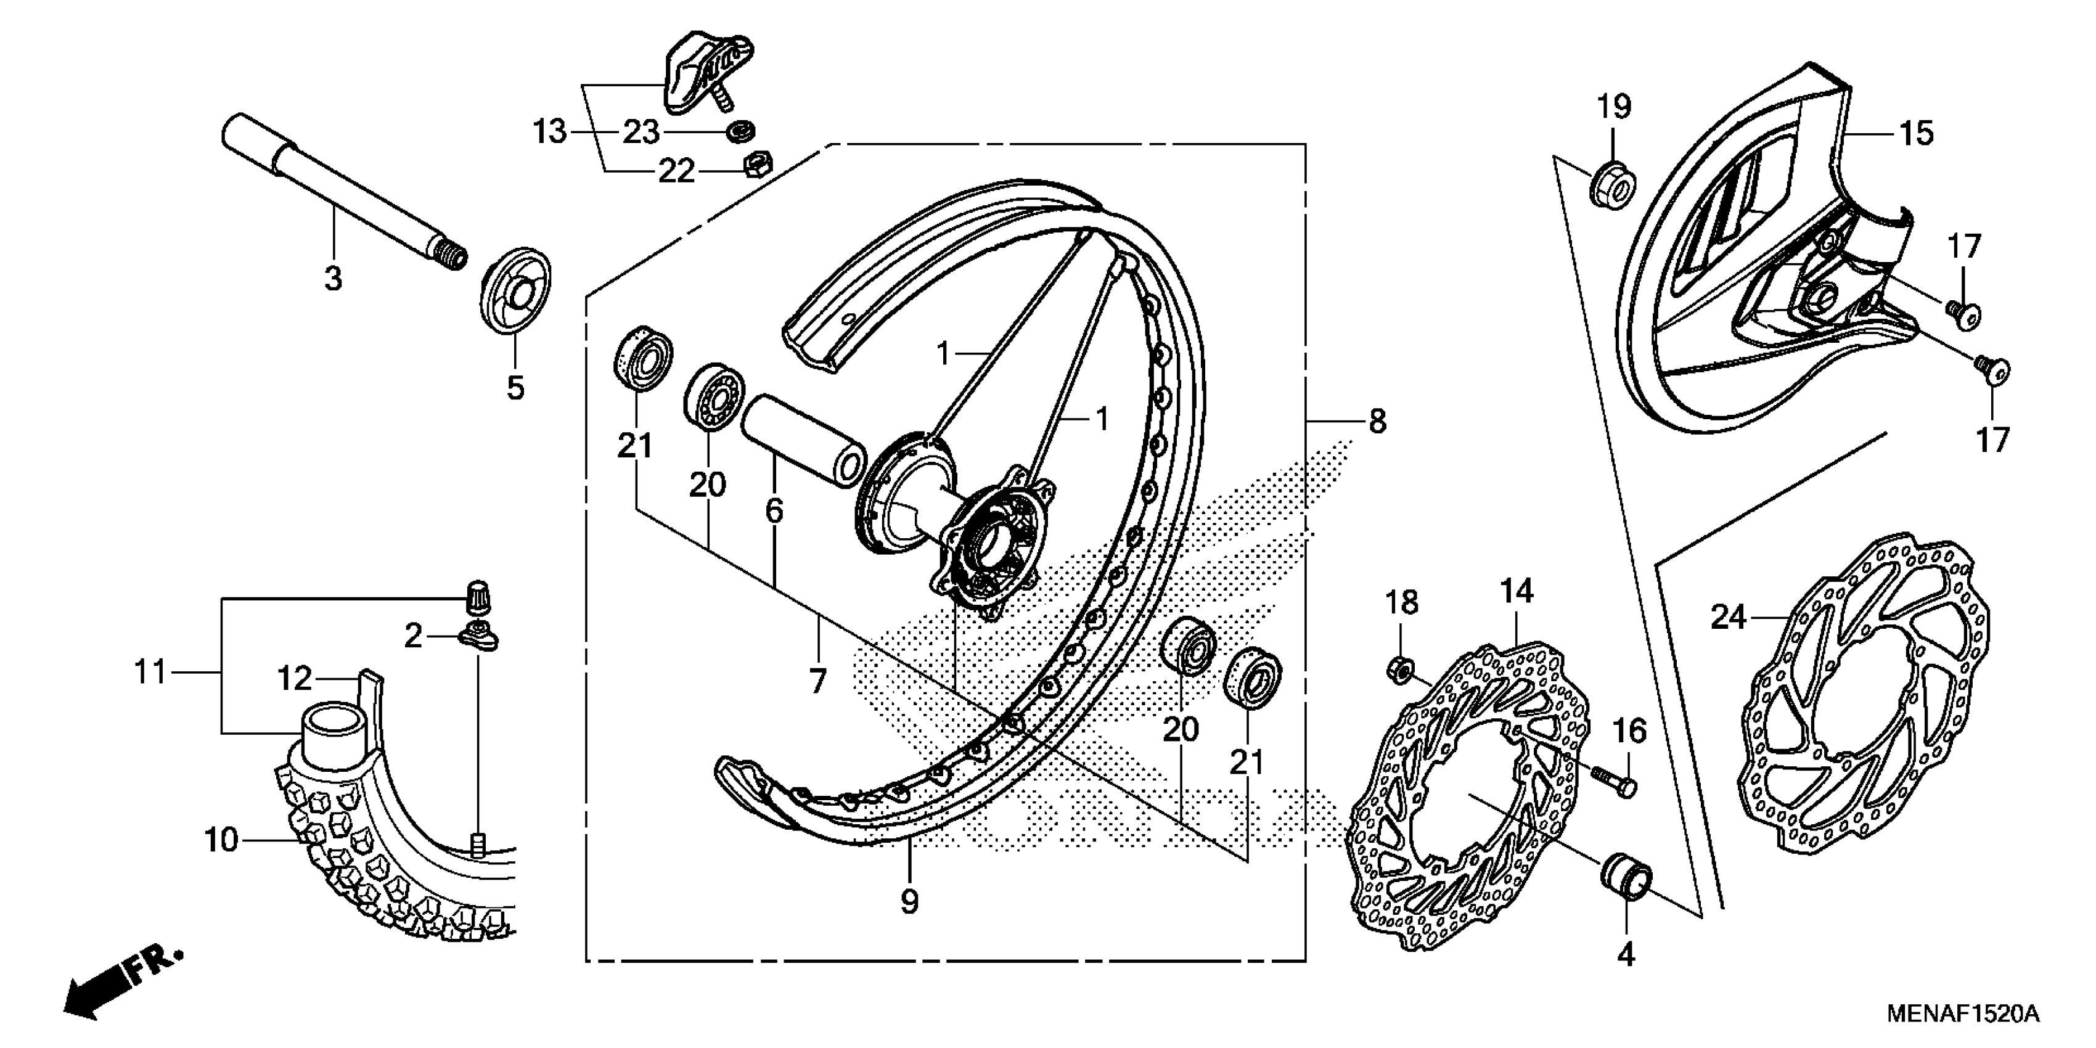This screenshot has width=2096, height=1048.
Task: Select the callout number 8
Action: (1377, 422)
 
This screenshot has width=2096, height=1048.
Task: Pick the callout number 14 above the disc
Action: (1517, 592)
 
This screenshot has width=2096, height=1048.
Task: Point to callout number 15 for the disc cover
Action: (1915, 133)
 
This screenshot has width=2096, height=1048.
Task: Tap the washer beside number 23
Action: (741, 130)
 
